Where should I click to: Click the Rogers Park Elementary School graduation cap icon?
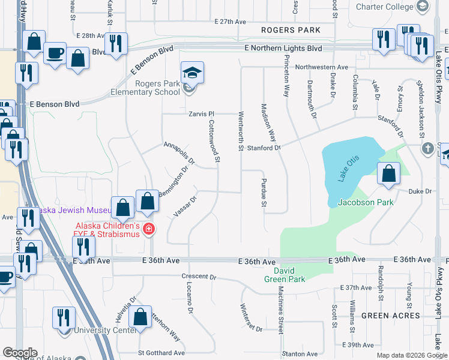coord(192,74)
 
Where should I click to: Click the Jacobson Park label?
coord(366,202)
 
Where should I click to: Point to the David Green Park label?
coord(285,275)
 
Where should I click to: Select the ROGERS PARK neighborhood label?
coord(291,30)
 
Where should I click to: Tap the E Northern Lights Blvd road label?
coord(283,47)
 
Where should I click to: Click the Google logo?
coord(20,353)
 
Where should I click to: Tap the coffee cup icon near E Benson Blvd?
coord(55,52)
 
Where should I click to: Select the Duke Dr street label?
coord(420,191)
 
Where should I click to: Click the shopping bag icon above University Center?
coord(140,318)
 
